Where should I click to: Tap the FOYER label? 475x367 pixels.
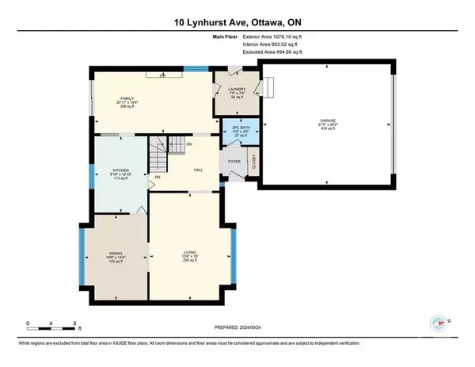(x=234, y=161)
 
